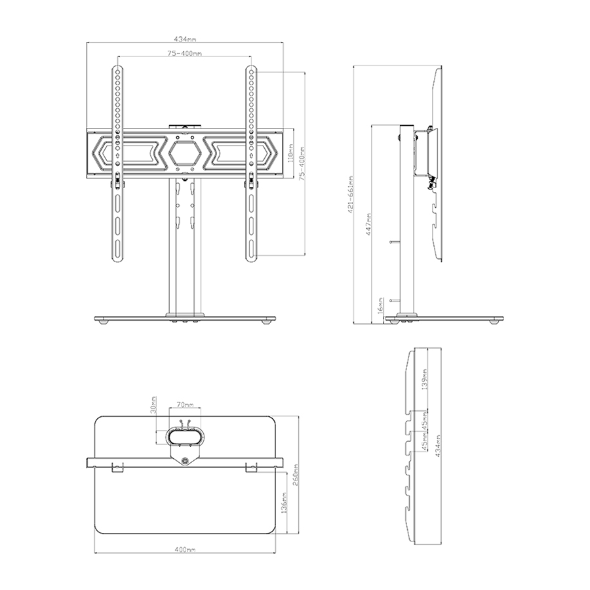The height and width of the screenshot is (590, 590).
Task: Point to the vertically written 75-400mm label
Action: tap(301, 164)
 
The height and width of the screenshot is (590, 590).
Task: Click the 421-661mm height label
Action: tap(351, 195)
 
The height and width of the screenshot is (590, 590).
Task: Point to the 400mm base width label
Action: tap(184, 549)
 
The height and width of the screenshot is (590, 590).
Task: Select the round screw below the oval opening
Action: tap(186, 461)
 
